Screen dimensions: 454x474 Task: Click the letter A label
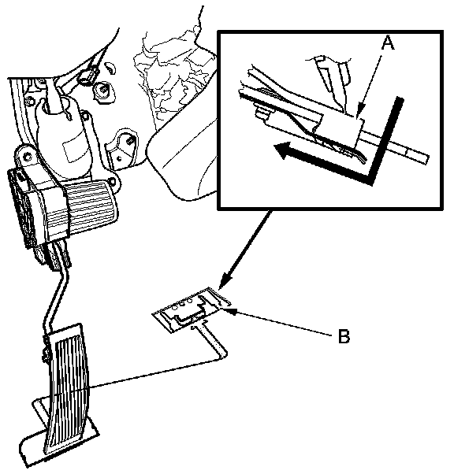click(x=388, y=43)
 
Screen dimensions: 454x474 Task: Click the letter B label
click(x=344, y=336)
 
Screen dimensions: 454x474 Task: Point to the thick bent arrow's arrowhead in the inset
click(x=283, y=150)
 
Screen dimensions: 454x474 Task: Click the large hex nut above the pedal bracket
click(x=104, y=91)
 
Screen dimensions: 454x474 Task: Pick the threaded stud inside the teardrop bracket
click(x=128, y=141)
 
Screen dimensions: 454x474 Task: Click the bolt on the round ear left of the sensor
click(x=28, y=156)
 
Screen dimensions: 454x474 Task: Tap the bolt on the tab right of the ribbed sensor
click(x=113, y=183)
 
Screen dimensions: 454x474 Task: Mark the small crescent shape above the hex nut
click(x=111, y=69)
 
